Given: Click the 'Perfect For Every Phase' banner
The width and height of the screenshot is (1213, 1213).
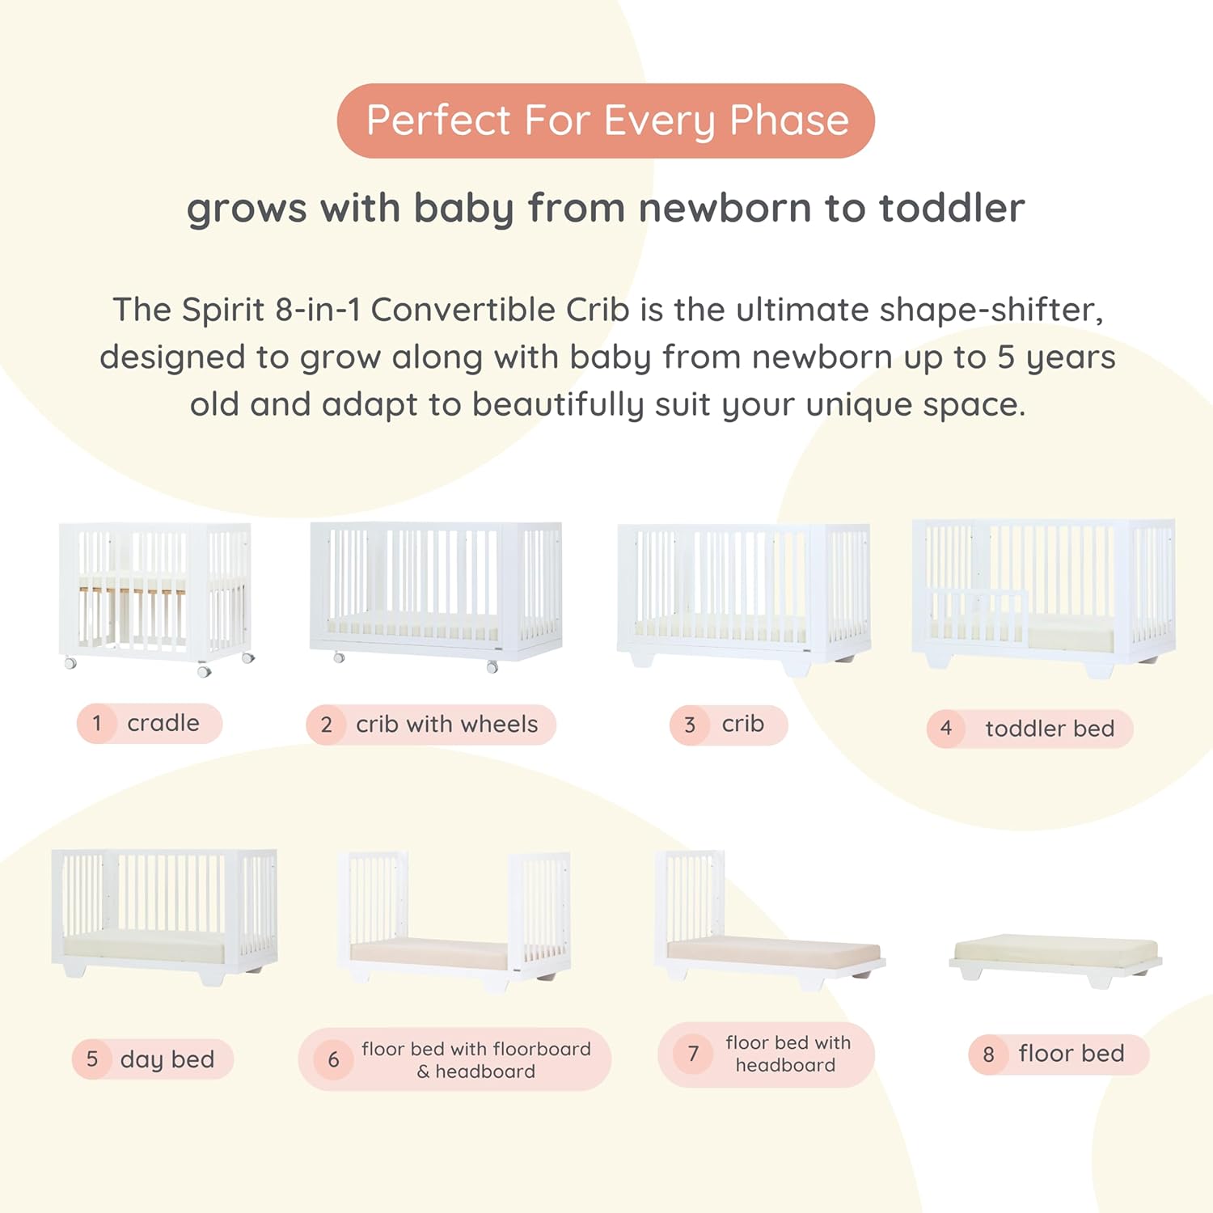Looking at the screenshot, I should click(x=606, y=120).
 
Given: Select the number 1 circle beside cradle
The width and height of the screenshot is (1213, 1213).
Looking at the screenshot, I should click(x=97, y=723).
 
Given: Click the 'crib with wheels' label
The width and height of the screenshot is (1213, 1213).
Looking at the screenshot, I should click(x=446, y=725).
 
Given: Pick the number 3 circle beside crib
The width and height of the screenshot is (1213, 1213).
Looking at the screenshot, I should click(x=690, y=725).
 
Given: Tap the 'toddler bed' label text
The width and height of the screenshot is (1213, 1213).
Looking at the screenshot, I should click(x=1049, y=729).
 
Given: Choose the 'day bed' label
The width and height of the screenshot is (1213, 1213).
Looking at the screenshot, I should click(x=167, y=1059).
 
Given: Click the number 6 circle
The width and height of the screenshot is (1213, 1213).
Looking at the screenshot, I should click(x=333, y=1059).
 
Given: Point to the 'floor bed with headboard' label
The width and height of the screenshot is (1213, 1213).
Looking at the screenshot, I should click(x=788, y=1054).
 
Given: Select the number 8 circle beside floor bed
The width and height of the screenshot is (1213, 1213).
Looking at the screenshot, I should click(x=988, y=1055).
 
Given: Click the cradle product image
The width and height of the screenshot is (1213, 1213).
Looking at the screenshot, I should click(x=156, y=595).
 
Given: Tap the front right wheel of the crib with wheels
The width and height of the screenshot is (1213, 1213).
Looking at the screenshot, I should click(x=492, y=667).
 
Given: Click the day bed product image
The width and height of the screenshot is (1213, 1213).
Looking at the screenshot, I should click(x=164, y=914).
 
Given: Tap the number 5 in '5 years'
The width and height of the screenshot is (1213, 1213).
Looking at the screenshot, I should click(x=1005, y=357).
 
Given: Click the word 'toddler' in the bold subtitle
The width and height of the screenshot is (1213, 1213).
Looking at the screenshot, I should click(x=952, y=208).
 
